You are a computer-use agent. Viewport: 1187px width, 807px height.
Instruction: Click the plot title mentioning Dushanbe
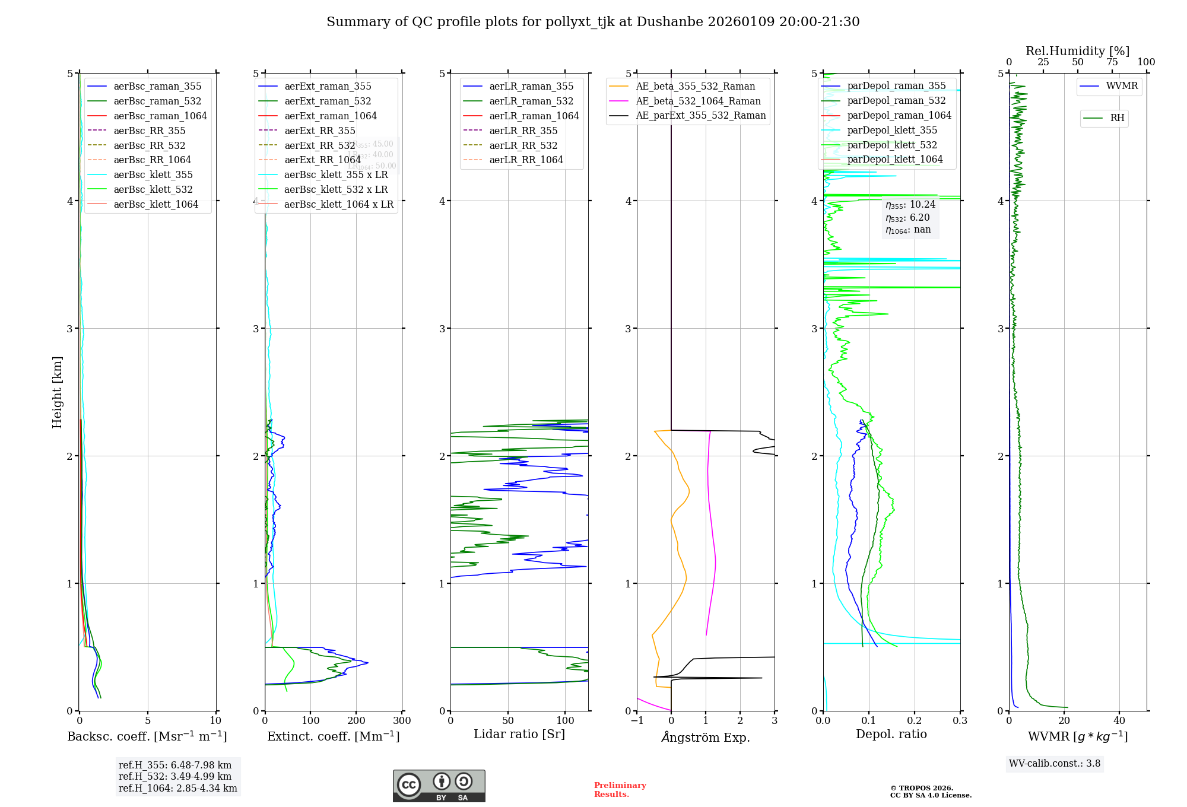point(593,22)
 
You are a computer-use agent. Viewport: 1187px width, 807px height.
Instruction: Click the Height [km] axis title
point(57,392)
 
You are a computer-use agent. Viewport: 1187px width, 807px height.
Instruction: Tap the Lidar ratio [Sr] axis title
point(519,735)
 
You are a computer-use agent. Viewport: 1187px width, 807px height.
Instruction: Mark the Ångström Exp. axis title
point(706,737)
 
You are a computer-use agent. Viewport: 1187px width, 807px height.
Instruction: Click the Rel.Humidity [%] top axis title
point(1077,51)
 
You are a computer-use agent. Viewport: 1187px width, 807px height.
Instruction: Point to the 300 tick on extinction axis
point(402,721)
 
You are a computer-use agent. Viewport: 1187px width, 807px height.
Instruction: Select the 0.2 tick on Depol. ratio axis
point(915,721)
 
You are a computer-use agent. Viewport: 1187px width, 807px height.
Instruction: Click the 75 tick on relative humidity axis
point(1112,62)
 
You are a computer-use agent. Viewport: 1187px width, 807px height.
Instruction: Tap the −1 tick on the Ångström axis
point(637,721)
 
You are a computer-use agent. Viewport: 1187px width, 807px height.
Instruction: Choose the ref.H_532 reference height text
point(175,777)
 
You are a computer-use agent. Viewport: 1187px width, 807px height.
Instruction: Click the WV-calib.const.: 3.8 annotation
point(1055,764)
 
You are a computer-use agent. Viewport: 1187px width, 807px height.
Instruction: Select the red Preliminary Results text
point(620,790)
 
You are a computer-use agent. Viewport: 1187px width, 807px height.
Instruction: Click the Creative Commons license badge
point(439,786)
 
